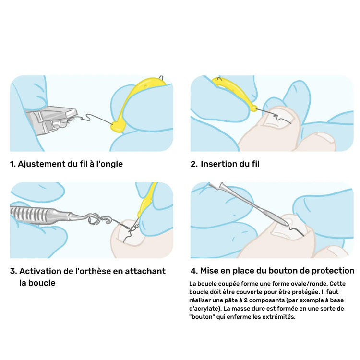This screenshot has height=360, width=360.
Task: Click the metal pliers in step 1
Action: point(50,120)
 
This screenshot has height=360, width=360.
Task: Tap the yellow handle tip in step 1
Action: point(117,127)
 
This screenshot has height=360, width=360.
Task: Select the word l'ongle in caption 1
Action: point(108,164)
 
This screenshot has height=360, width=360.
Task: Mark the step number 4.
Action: point(193,271)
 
